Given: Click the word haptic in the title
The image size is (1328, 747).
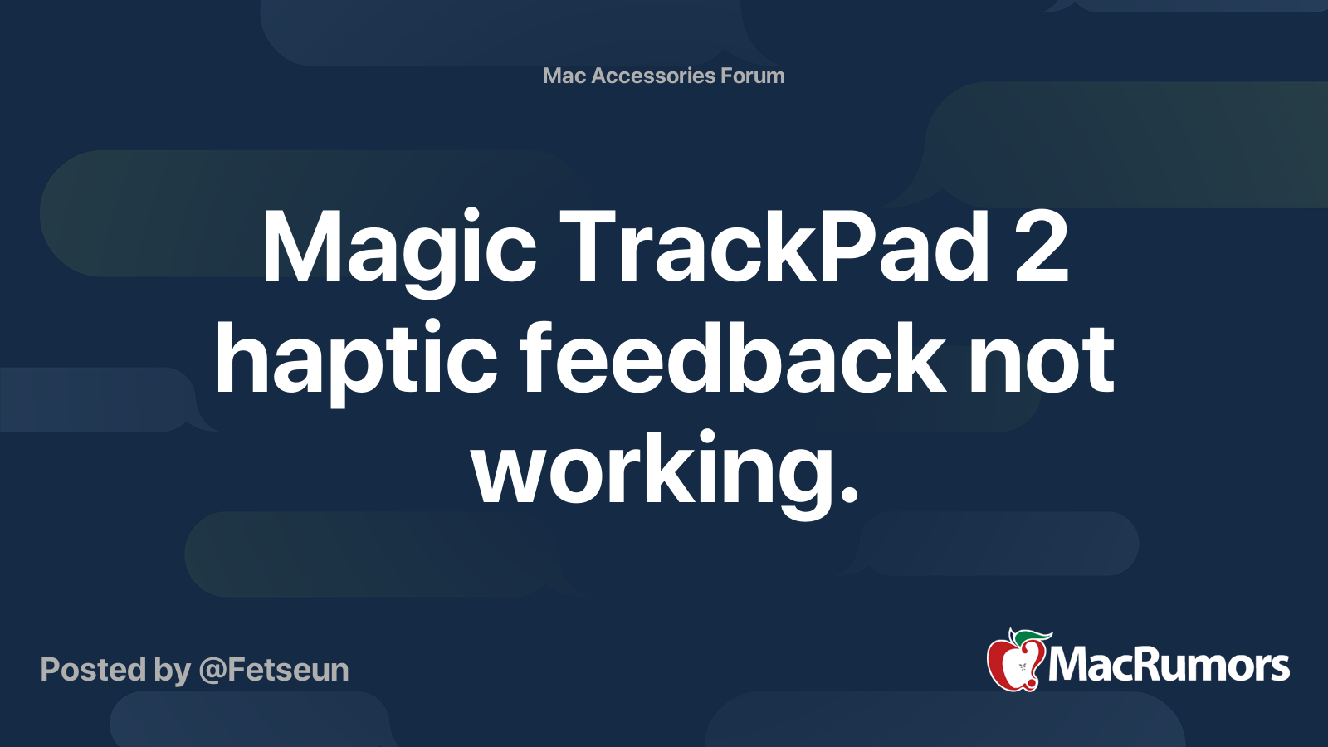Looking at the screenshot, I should tap(356, 361).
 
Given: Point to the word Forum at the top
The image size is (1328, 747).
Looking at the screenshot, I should tap(752, 76).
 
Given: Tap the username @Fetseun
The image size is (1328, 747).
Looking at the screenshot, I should tap(273, 670).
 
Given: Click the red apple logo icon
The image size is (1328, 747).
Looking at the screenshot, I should tap(1012, 664).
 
